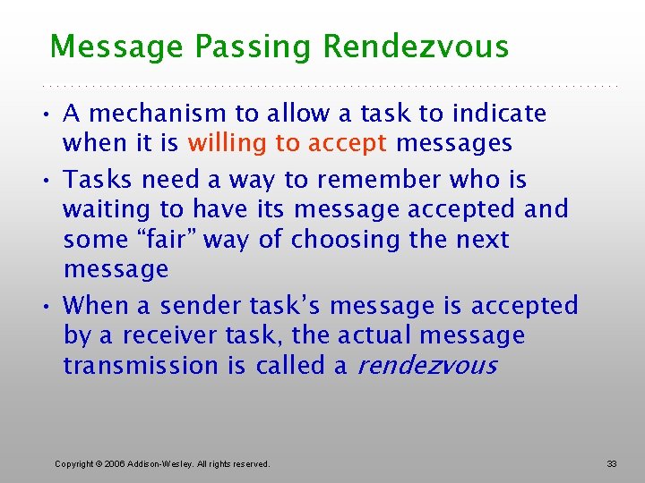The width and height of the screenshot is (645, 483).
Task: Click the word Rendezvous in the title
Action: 416,47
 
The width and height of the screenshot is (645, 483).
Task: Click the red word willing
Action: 225,143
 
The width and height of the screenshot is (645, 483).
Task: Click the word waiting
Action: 101,210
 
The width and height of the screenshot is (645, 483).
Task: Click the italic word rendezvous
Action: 427,366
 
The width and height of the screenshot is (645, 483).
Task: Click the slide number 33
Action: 612,463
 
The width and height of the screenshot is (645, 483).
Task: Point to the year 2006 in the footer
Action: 113,463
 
